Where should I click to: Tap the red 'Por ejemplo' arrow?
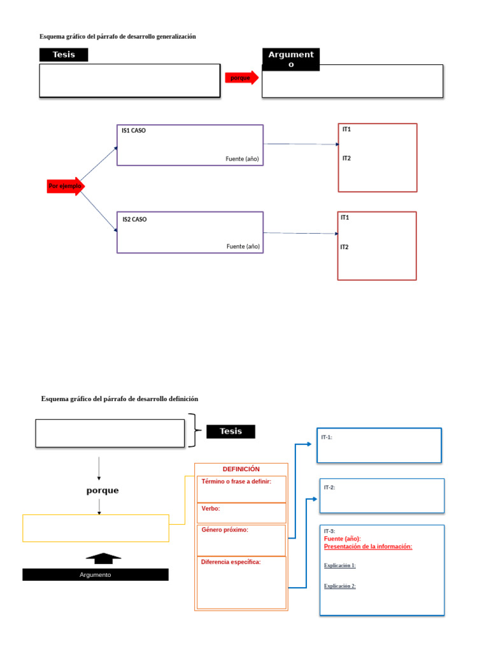tap(65, 186)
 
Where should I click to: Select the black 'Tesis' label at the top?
tap(64, 55)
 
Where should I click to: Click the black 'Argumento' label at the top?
tap(291, 59)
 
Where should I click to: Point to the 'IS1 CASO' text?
tap(134, 131)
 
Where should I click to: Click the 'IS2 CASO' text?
tap(134, 220)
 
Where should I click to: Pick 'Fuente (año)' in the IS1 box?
tap(243, 158)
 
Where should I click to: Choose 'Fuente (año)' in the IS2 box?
tap(243, 246)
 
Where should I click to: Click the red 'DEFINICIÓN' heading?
tap(241, 469)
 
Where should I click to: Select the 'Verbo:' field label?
tap(211, 509)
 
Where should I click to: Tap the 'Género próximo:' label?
tap(225, 530)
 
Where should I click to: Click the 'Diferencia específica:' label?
tap(231, 562)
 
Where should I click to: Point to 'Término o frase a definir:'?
tap(236, 481)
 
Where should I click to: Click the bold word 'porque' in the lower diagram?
tap(103, 490)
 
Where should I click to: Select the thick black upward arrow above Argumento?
tap(103, 558)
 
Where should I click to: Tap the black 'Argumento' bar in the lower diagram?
tap(96, 575)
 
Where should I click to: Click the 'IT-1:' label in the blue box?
tap(327, 437)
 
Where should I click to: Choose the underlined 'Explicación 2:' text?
tap(340, 586)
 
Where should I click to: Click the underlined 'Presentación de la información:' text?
tap(368, 546)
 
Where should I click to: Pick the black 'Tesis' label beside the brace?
tap(230, 431)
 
